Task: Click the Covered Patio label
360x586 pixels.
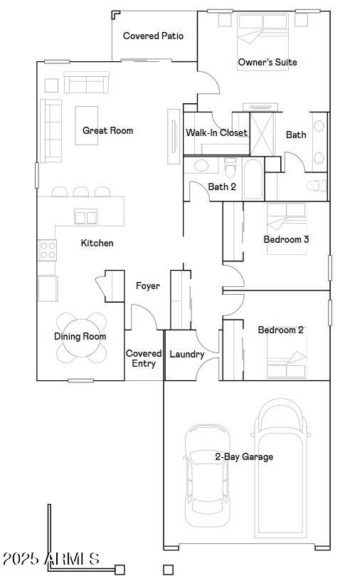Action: click(153, 36)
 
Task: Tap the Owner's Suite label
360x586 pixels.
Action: click(267, 63)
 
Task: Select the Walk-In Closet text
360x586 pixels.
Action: click(216, 132)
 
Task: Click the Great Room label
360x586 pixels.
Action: click(107, 130)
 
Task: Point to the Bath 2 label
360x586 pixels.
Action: click(222, 187)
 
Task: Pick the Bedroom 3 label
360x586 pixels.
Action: click(286, 239)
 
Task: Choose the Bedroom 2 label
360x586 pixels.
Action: click(280, 330)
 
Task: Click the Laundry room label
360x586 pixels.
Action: click(187, 354)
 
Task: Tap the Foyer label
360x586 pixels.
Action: click(148, 286)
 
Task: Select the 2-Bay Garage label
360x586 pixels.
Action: click(244, 456)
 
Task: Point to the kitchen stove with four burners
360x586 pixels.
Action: click(48, 249)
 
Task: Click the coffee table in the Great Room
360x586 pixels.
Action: click(86, 125)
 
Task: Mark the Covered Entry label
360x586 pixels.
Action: click(144, 358)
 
